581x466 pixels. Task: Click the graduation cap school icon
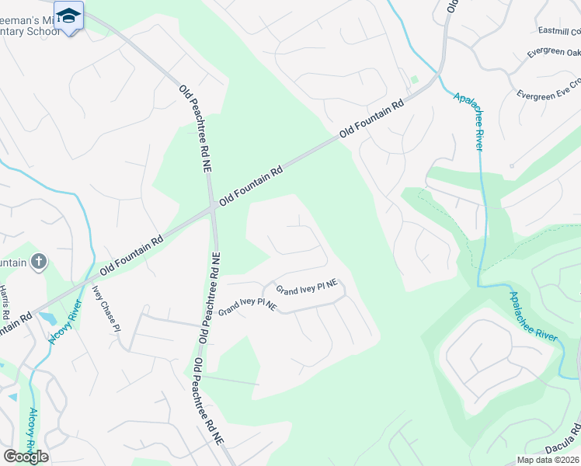coord(69,16)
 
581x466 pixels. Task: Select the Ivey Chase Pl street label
coord(107,308)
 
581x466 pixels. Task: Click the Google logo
coord(26,456)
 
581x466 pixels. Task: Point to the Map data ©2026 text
coord(548,460)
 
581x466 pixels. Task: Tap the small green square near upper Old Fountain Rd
coord(414,79)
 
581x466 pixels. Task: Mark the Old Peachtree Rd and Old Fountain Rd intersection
coord(212,207)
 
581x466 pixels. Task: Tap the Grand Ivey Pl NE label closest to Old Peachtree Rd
coord(248,306)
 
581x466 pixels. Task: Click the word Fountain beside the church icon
coord(14,263)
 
